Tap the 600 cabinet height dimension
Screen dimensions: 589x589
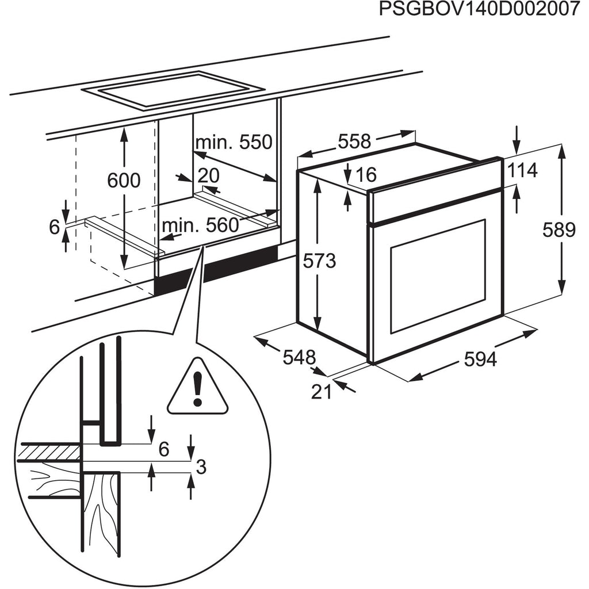pos(124,181)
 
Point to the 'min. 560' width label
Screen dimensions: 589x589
pos(201,225)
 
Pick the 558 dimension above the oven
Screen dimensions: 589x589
pos(354,141)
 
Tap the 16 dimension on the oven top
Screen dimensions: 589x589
pos(365,174)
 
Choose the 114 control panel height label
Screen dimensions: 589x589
pos(522,170)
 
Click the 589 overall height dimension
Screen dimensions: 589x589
pos(559,230)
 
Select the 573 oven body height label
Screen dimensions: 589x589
pos(320,261)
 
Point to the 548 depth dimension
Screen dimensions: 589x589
pos(299,357)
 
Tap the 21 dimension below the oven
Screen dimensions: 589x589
pos(322,392)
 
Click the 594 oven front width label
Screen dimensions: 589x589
pos(480,360)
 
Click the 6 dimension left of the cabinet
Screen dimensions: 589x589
pos(55,228)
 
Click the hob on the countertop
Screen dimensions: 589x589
pos(173,90)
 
